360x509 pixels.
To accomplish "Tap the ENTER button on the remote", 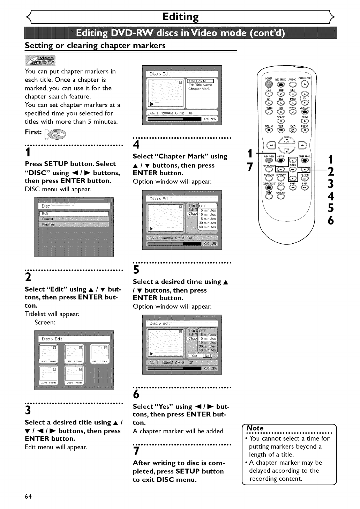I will click(293, 160).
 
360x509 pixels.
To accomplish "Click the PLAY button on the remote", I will click(286, 139).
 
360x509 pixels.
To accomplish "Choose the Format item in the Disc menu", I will click(47, 219).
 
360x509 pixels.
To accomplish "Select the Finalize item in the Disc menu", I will click(48, 224).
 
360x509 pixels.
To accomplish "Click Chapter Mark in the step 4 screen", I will click(199, 89).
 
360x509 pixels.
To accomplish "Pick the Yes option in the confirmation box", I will click(194, 356).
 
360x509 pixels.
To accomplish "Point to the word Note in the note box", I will click(255, 428).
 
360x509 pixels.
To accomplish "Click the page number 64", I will click(28, 496).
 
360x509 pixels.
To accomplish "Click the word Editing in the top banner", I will click(180, 17).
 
